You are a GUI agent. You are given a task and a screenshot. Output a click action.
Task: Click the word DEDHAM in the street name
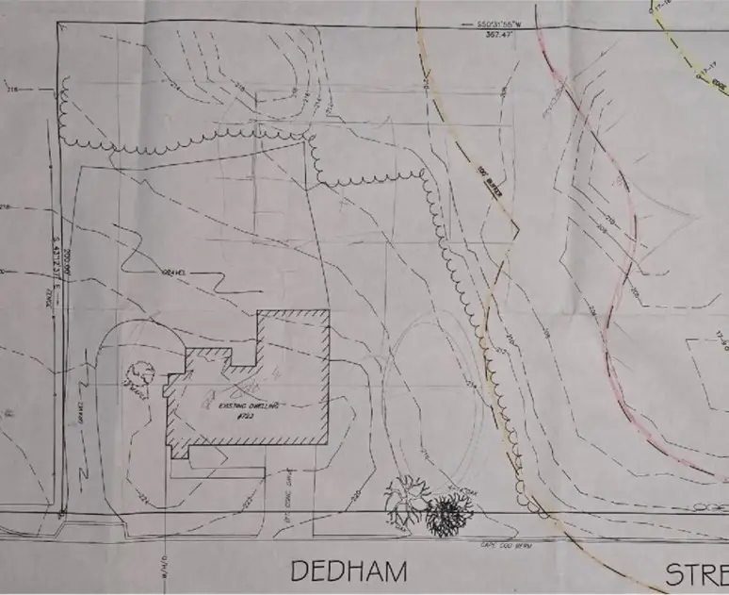click(348, 570)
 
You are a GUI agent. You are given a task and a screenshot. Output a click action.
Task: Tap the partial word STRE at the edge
click(697, 573)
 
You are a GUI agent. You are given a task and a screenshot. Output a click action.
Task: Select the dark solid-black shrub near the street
click(446, 516)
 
